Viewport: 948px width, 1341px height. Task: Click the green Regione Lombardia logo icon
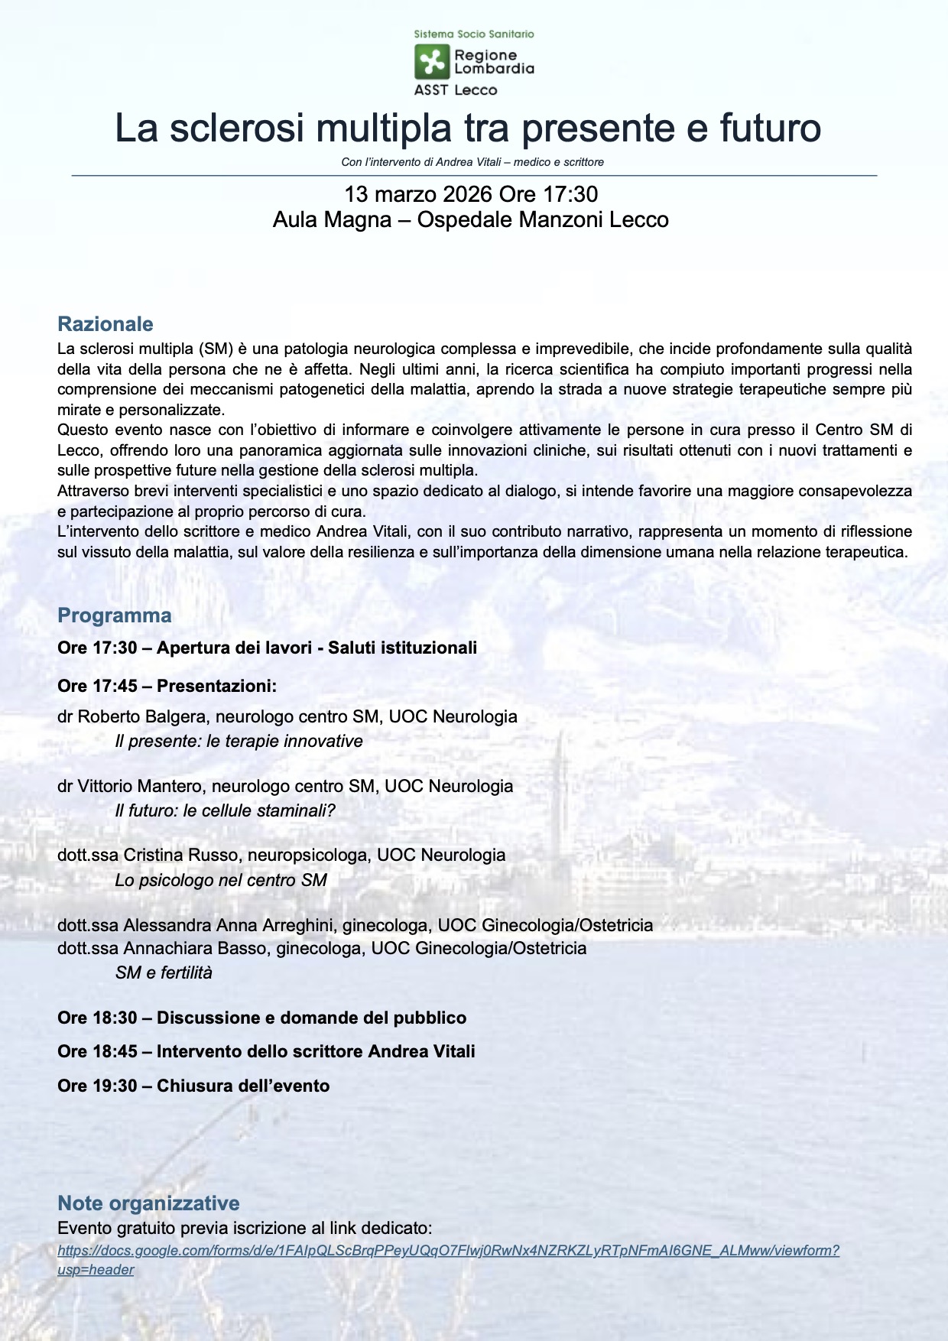(432, 62)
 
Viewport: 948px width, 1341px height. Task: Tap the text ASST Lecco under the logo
(456, 90)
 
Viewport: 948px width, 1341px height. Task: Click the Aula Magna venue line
(470, 220)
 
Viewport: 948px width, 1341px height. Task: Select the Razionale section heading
(106, 324)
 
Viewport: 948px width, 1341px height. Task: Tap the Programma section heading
(115, 615)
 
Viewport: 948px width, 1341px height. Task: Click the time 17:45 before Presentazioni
(115, 686)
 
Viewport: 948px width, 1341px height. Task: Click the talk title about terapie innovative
(239, 741)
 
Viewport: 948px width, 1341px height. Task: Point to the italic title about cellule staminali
(225, 810)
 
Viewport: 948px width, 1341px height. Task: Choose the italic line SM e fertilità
(164, 972)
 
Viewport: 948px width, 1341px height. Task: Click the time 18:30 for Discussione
(115, 1018)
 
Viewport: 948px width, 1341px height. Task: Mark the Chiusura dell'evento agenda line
(193, 1086)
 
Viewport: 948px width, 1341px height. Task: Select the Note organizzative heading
(148, 1203)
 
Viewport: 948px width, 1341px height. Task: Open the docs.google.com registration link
(448, 1251)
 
